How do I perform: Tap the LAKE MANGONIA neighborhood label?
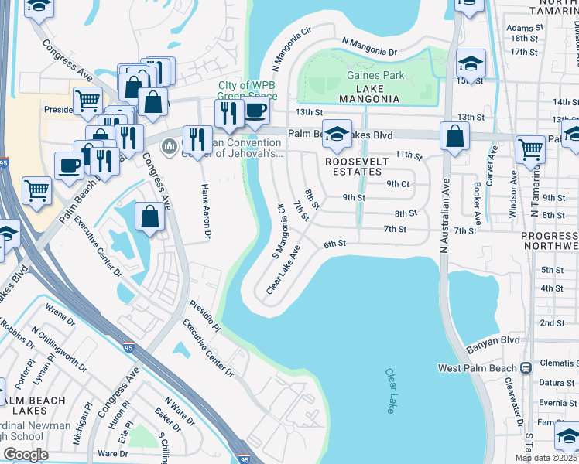[368, 99]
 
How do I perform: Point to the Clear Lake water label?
[392, 391]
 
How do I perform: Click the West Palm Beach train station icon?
[526, 367]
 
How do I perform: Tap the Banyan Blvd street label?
[492, 339]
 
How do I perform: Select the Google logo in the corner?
[26, 454]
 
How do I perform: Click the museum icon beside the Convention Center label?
[170, 145]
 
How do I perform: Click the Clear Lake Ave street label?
[283, 270]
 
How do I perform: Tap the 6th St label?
[333, 244]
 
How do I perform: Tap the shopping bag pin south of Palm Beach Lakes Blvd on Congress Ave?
[149, 217]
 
